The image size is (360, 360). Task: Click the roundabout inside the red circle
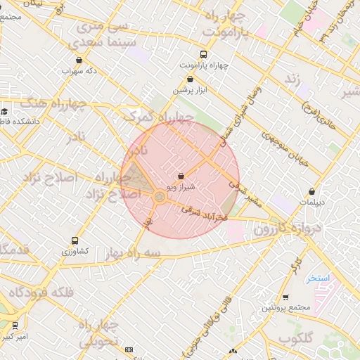pos(160,198)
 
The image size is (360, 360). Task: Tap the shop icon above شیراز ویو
pos(181,176)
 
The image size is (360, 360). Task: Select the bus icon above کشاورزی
pos(75,241)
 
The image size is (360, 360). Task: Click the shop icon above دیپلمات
pos(311,191)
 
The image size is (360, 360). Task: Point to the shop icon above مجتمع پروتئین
pos(285,297)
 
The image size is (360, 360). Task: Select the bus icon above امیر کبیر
pos(15,326)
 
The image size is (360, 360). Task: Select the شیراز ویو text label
pos(181,187)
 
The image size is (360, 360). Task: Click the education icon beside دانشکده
pos(4,111)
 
